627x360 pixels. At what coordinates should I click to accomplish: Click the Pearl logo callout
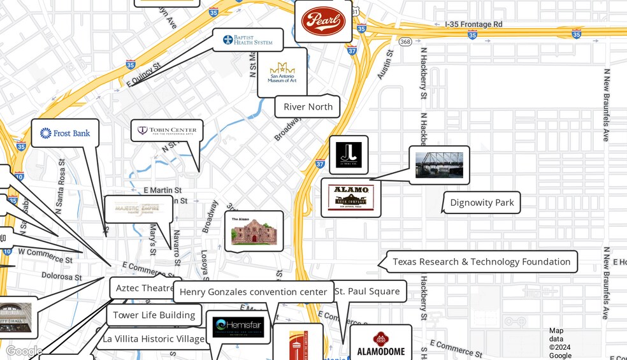point(324,21)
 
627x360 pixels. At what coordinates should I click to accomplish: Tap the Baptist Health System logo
point(248,40)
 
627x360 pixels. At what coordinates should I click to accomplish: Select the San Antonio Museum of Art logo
point(282,73)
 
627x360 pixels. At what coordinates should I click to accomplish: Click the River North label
point(308,106)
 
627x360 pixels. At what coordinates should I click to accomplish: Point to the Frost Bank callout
point(65,133)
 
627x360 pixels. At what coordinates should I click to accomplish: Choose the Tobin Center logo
point(167,131)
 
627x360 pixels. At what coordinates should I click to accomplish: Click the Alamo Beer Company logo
point(350,198)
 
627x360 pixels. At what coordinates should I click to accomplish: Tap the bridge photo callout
point(439,165)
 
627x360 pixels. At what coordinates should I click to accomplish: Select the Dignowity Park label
point(482,203)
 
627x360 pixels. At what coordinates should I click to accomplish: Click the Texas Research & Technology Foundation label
point(481,261)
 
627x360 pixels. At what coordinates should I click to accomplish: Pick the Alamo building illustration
point(254,231)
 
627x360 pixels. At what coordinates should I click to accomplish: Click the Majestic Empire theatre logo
point(138,208)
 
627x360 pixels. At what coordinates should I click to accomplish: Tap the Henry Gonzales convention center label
point(253,292)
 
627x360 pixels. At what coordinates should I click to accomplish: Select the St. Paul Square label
point(367,291)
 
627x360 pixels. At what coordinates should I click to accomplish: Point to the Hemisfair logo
point(238,327)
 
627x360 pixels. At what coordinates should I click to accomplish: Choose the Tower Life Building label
point(154,315)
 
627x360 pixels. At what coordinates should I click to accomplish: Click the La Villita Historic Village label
point(154,338)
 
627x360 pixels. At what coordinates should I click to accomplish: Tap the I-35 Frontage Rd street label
point(473,24)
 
